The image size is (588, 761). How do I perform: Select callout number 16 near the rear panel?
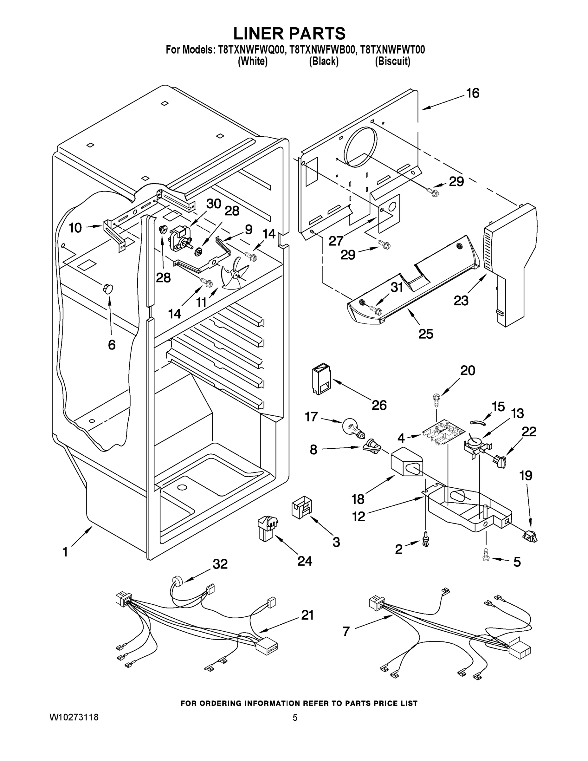tap(473, 94)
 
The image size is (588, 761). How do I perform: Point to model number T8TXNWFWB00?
tap(323, 50)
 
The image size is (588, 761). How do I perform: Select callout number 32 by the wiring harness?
tap(220, 564)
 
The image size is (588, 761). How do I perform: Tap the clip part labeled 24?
tap(267, 528)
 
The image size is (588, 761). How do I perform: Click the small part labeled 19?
tap(530, 537)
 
